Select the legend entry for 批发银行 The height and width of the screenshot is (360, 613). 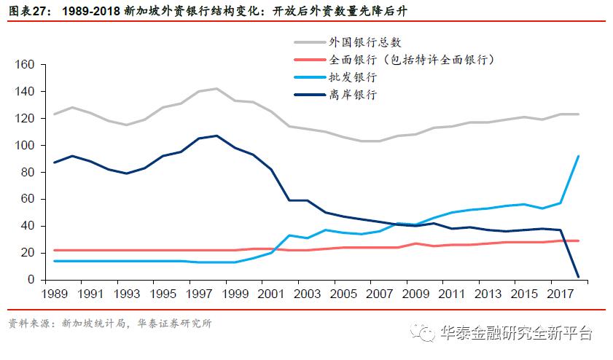(352, 77)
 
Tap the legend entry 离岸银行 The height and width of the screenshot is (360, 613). (352, 94)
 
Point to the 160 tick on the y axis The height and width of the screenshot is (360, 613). (26, 65)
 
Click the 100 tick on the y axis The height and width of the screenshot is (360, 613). (26, 146)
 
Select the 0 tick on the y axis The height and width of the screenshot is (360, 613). (31, 280)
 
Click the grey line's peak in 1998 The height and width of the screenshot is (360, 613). (216, 89)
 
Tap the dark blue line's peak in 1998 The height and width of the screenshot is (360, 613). (216, 136)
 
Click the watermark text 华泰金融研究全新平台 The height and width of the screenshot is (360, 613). (516, 333)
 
